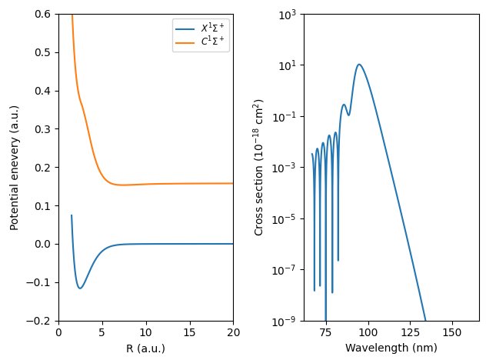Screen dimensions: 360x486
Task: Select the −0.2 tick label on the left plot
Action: [42, 321]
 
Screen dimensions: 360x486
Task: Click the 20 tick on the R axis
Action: [233, 332]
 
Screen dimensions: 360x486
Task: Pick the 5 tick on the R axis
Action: [102, 332]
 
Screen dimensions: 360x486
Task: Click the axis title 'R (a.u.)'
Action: [145, 348]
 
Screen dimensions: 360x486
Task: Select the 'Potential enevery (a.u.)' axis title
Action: [15, 167]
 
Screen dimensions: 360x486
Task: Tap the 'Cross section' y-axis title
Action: [260, 167]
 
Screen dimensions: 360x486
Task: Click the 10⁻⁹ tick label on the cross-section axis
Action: [287, 321]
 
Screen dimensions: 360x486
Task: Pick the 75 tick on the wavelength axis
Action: [326, 332]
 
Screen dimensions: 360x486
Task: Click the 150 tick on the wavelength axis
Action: [452, 332]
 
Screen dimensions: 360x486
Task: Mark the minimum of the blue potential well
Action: [80, 288]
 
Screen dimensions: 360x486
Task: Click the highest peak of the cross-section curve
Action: [358, 65]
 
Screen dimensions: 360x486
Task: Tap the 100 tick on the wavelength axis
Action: [368, 332]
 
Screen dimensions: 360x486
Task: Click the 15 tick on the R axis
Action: [189, 332]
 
